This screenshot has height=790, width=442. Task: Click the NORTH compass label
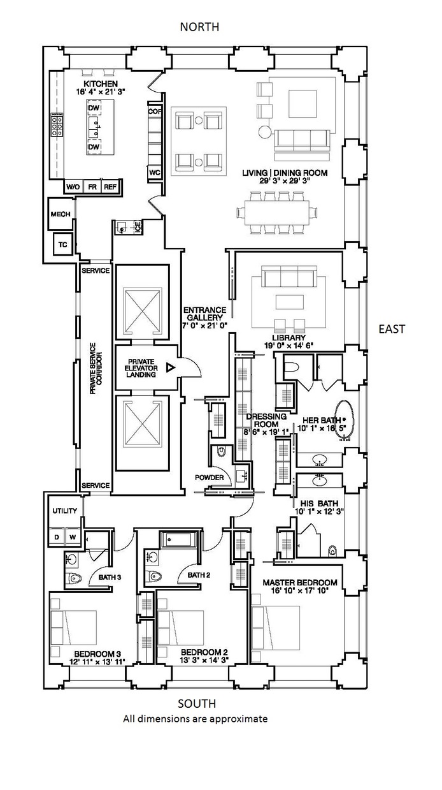[x=199, y=27]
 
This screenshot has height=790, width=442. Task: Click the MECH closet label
[x=61, y=214]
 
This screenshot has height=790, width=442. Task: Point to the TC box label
[x=63, y=244]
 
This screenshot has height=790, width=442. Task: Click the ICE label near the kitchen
[x=137, y=226]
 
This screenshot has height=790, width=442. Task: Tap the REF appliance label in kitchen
[x=110, y=187]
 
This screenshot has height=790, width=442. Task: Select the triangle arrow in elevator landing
[x=169, y=368]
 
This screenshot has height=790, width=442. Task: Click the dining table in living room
[x=278, y=210]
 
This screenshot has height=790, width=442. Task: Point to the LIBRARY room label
[x=288, y=337]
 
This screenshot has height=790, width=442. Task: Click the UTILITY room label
[x=64, y=511]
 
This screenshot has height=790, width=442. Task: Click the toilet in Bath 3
[x=75, y=579]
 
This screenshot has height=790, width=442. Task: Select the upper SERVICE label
[x=96, y=270]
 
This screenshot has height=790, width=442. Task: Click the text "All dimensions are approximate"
[x=195, y=719]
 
